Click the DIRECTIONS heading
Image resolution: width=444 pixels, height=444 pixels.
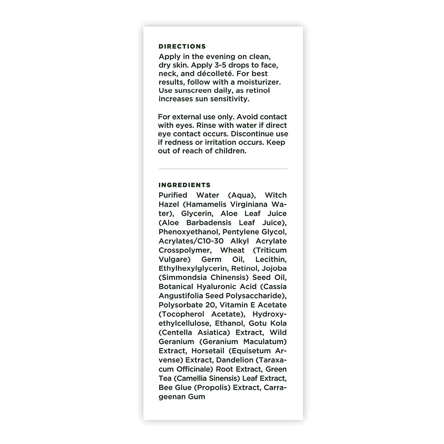[182, 46]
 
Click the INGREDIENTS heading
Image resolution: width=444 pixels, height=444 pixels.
[184, 185]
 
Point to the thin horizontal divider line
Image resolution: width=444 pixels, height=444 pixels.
[223, 169]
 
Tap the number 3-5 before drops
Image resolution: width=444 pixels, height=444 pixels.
[227, 65]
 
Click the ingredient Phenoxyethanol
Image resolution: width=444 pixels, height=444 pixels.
[189, 232]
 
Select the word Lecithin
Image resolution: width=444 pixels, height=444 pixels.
[271, 259]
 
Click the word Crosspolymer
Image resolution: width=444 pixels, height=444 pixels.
[185, 250]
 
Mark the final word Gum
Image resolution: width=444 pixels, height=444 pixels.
[197, 397]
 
